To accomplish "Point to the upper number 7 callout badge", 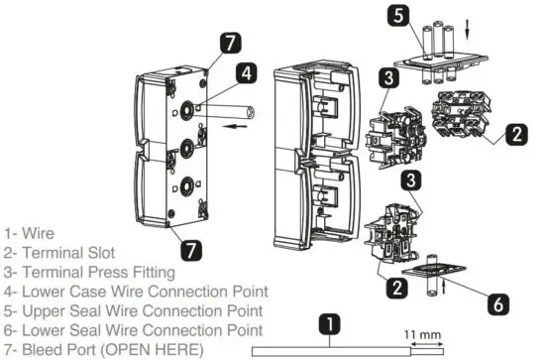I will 230,44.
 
